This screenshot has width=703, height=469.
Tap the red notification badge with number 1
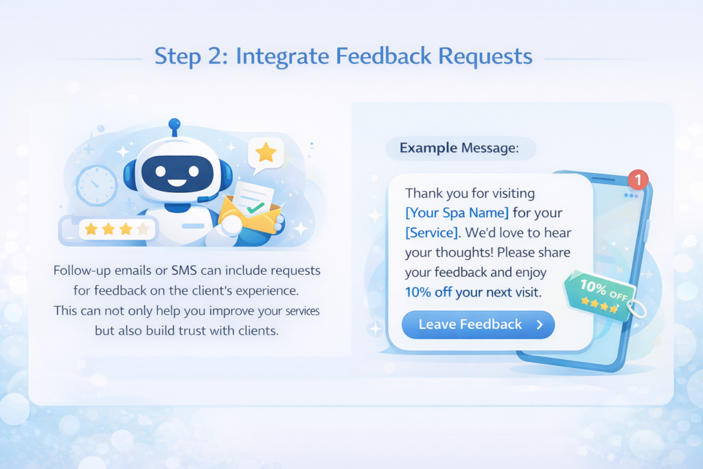[x=638, y=180]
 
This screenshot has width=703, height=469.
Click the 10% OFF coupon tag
[x=597, y=293]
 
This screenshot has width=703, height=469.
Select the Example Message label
[x=459, y=148]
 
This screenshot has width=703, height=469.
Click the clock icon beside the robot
[x=96, y=183]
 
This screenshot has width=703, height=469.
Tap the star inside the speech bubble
[x=266, y=152]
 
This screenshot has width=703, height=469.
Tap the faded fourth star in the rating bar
[x=143, y=229]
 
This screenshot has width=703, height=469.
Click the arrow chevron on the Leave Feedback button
[x=540, y=325]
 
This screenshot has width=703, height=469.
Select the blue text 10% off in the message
[x=428, y=292]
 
